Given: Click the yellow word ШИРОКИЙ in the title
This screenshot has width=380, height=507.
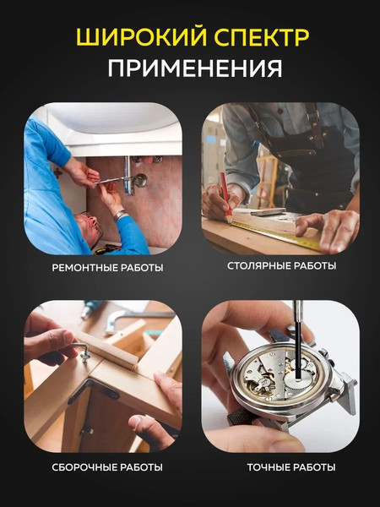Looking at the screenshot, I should (x=130, y=38).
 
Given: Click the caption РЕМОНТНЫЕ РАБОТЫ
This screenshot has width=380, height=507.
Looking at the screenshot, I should (x=106, y=268).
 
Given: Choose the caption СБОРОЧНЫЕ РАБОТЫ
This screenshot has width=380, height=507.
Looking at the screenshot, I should (x=106, y=467).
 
